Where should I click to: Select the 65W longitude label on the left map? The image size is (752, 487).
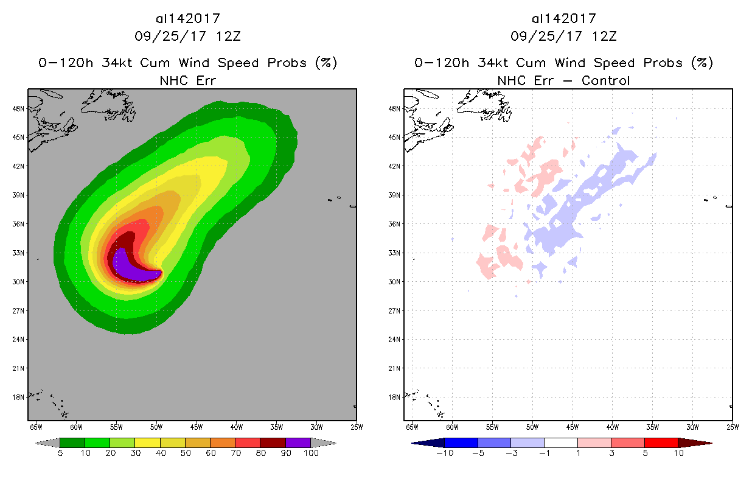[x=36, y=427]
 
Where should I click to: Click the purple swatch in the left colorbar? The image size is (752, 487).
[x=298, y=443]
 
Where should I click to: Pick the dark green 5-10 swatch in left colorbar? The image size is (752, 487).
[x=72, y=443]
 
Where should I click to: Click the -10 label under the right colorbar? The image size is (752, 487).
[x=445, y=454]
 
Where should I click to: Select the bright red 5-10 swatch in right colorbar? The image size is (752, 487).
[x=661, y=443]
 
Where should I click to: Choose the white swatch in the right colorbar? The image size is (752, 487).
[x=560, y=443]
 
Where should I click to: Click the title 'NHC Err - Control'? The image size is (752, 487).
[x=563, y=80]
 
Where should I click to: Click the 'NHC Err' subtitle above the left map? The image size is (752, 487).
[x=187, y=80]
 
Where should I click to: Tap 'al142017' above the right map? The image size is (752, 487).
[x=563, y=18]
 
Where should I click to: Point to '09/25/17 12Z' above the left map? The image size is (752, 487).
[x=187, y=36]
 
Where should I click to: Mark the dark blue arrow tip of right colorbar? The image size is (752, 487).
[x=415, y=443]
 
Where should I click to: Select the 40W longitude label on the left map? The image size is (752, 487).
[x=237, y=427]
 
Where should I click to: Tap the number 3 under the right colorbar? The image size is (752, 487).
[x=611, y=454]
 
